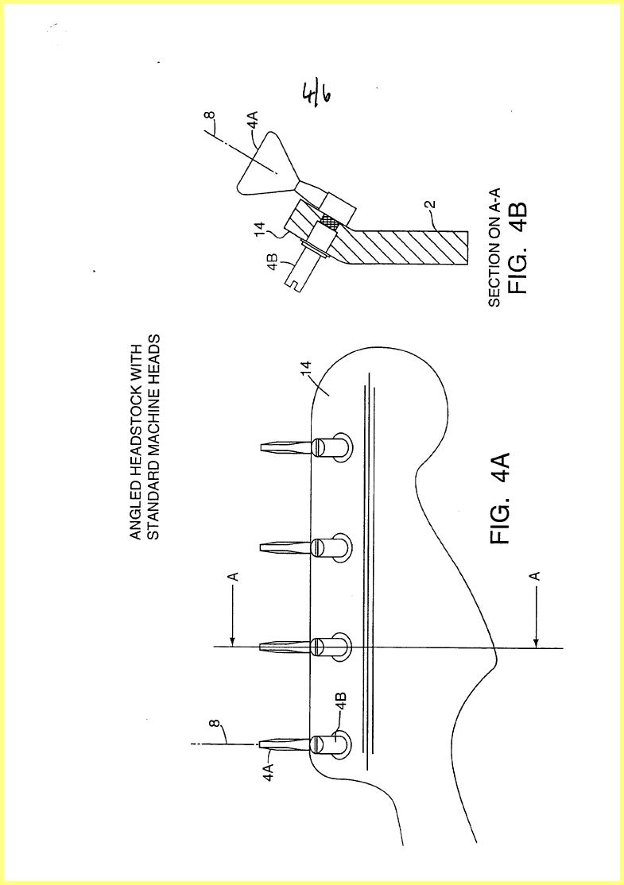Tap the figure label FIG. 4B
[517, 248]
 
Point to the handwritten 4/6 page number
[316, 95]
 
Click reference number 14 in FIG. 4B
[260, 229]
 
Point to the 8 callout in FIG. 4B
[210, 116]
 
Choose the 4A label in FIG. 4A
[269, 771]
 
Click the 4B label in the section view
[272, 263]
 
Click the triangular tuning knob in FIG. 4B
[264, 164]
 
